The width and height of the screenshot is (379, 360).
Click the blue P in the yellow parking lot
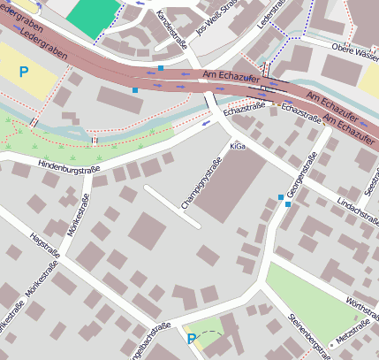pos(24,71)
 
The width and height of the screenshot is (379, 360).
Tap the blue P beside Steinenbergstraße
pos(192,338)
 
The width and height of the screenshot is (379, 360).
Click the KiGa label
pos(238,146)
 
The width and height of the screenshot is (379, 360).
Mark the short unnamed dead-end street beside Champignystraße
pos(172,206)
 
